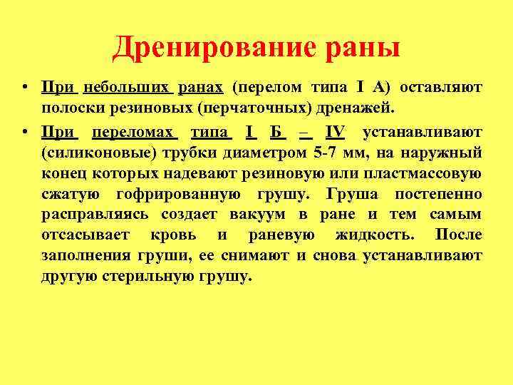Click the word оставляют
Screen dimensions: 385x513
pyautogui.click(x=442, y=88)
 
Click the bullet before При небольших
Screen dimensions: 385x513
pyautogui.click(x=24, y=88)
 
